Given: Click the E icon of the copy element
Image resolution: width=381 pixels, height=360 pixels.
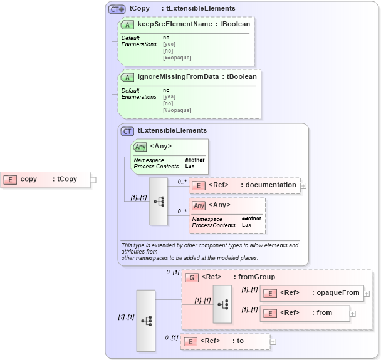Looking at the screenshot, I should point(10,179).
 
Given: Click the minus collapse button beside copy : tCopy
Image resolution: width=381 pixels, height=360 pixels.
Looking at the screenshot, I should point(93,179).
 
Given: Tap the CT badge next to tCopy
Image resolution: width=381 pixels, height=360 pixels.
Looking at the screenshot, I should point(117,9).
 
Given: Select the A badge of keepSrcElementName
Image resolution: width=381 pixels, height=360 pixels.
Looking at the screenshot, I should point(128,24).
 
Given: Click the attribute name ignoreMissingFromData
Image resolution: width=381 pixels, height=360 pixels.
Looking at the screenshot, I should point(177,76).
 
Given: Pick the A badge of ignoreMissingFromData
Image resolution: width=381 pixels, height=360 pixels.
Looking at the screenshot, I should point(128,77).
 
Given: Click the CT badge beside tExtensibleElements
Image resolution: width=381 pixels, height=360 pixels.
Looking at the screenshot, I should point(127,131).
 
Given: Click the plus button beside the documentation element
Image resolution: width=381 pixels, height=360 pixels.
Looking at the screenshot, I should point(303,185).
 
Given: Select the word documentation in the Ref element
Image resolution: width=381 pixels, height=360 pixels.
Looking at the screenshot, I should point(271,185).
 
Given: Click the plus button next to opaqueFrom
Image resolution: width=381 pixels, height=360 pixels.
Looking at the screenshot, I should point(366,293).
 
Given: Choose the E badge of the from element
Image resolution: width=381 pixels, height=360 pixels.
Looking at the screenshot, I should point(270,312).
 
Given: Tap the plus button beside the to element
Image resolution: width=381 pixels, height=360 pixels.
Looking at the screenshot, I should point(273,341).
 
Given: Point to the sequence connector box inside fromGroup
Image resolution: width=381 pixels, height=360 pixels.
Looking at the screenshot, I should point(222,304).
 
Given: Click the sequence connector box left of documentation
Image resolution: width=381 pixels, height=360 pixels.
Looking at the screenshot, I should point(158,201).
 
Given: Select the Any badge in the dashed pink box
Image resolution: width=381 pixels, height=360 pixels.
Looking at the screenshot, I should point(199,205).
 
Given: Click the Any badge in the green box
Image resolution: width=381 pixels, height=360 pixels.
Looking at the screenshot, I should point(140,147).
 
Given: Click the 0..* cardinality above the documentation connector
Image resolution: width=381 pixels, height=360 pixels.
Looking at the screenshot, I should point(182,182).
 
